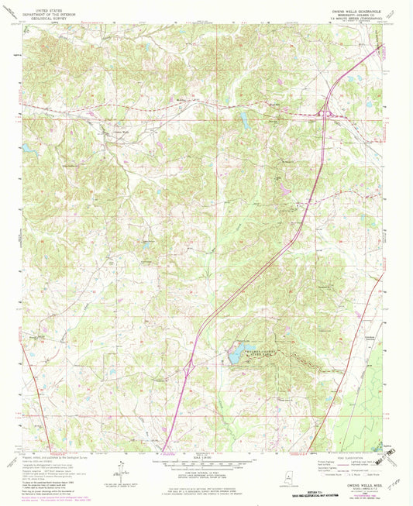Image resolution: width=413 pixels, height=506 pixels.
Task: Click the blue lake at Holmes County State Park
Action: click(x=236, y=354)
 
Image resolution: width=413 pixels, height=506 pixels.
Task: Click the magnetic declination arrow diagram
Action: click(x=120, y=470)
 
